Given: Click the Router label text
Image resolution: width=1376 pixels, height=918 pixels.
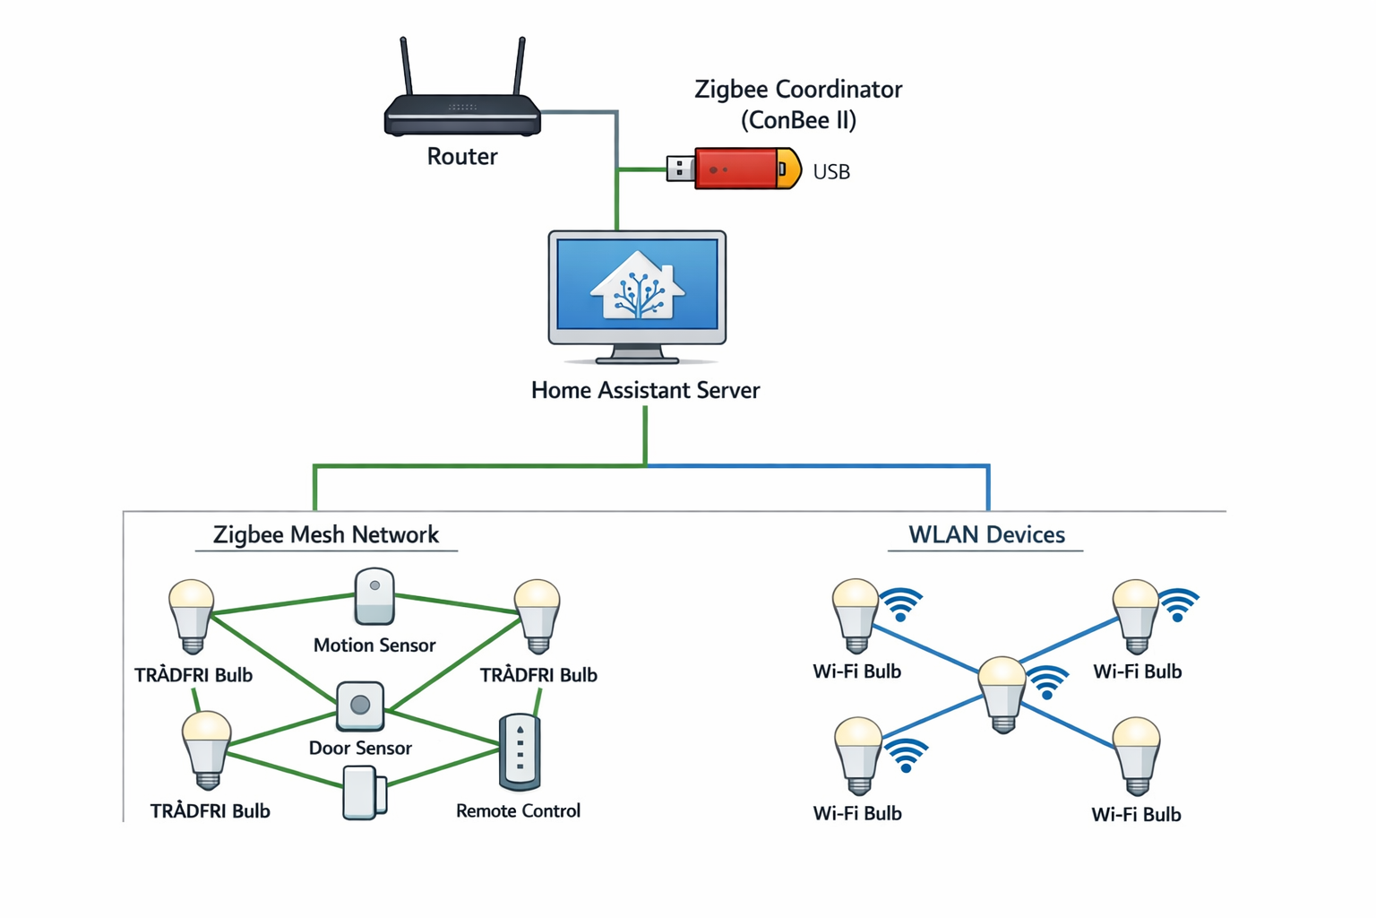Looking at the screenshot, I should (x=462, y=157).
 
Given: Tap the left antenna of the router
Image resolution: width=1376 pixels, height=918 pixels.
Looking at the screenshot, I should (x=406, y=66).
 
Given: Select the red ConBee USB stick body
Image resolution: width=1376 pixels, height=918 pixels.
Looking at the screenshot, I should (x=735, y=169).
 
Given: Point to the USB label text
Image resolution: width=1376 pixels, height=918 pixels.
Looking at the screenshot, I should (x=831, y=172).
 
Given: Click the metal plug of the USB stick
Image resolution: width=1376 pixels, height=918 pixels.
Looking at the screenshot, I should (x=680, y=169).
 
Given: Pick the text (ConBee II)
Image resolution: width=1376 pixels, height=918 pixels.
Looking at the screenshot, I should (x=798, y=120).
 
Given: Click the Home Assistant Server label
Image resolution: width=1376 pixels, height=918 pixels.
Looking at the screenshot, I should (x=645, y=391).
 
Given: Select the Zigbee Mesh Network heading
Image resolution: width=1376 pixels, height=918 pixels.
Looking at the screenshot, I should (x=326, y=535).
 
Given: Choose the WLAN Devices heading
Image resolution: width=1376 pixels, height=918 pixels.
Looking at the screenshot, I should (x=986, y=535).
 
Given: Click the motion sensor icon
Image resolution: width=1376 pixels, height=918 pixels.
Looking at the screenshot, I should (x=374, y=596).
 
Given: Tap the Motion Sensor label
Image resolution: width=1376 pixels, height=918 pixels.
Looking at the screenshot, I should (x=374, y=645).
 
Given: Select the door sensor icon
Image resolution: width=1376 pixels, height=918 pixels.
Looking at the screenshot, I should (x=360, y=706).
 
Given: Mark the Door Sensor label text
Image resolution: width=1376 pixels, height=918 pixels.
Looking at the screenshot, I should (x=360, y=749).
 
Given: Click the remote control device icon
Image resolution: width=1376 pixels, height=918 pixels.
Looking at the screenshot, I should (x=520, y=751).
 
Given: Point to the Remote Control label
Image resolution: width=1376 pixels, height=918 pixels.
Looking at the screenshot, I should (x=518, y=811).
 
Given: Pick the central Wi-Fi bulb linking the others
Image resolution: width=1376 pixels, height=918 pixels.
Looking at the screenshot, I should (x=1002, y=692).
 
